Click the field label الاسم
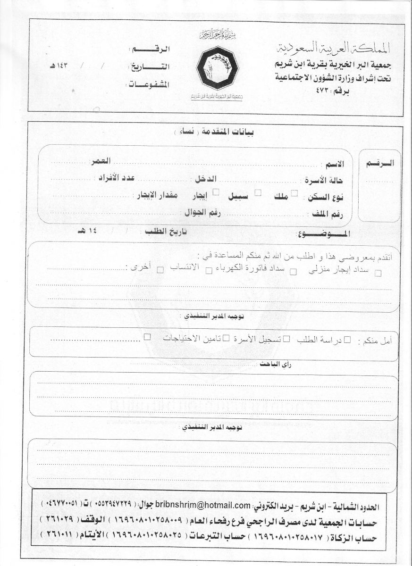[x=336, y=164]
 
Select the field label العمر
[x=101, y=161]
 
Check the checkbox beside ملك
[x=294, y=193]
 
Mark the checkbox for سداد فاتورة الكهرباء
[x=293, y=271]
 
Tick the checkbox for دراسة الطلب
[x=347, y=339]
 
